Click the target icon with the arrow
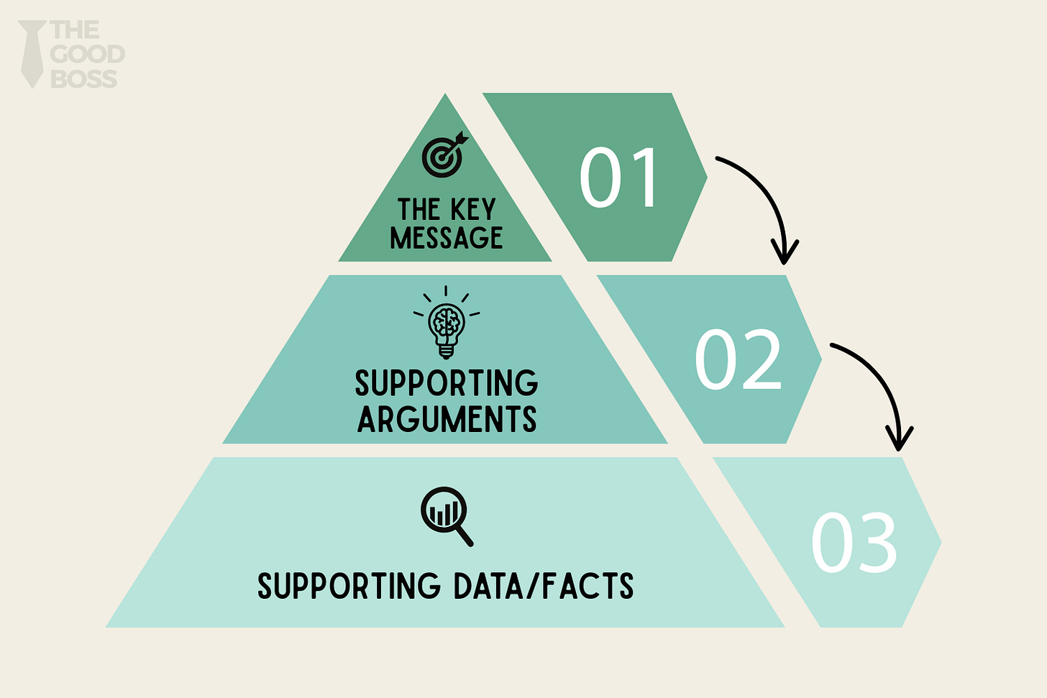(x=444, y=156)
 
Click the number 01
(x=618, y=178)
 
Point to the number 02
(x=738, y=359)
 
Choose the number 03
(x=854, y=543)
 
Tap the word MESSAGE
(x=447, y=238)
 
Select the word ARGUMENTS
(x=447, y=419)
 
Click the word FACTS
(x=587, y=587)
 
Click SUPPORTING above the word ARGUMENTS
(x=447, y=383)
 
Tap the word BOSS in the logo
(x=84, y=78)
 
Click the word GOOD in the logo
(x=88, y=54)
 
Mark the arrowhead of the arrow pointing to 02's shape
(x=785, y=253)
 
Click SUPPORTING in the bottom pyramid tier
(x=349, y=587)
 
